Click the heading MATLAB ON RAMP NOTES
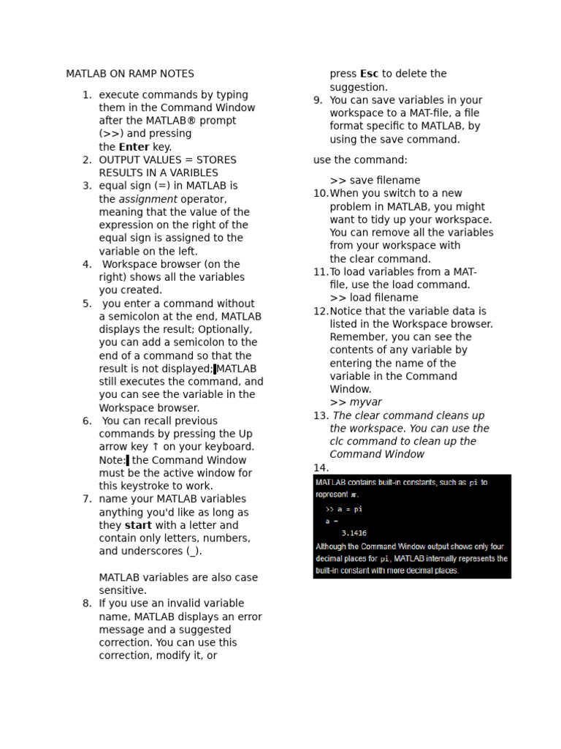pyautogui.click(x=130, y=74)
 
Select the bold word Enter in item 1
pyautogui.click(x=134, y=147)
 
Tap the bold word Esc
pyautogui.click(x=369, y=74)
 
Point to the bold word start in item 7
pyautogui.click(x=138, y=525)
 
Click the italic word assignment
pyautogui.click(x=148, y=199)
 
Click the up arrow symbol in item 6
pyautogui.click(x=155, y=447)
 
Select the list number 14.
pyautogui.click(x=321, y=468)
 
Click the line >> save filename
pyautogui.click(x=375, y=181)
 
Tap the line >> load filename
pyautogui.click(x=374, y=298)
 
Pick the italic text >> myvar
pyautogui.click(x=356, y=402)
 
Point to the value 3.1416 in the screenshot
pyautogui.click(x=354, y=533)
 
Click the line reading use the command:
pyautogui.click(x=360, y=160)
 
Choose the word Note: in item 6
pyautogui.click(x=112, y=460)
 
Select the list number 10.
pyautogui.click(x=321, y=194)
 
